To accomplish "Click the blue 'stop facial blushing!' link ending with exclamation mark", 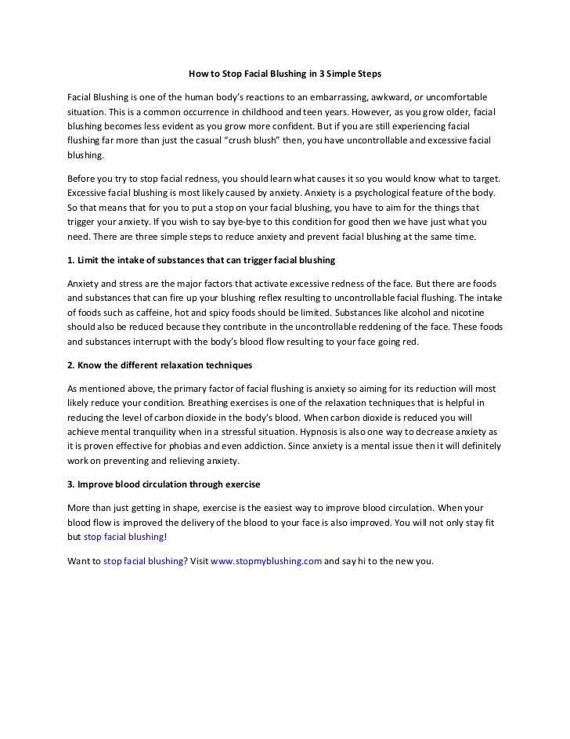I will tap(125, 538).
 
